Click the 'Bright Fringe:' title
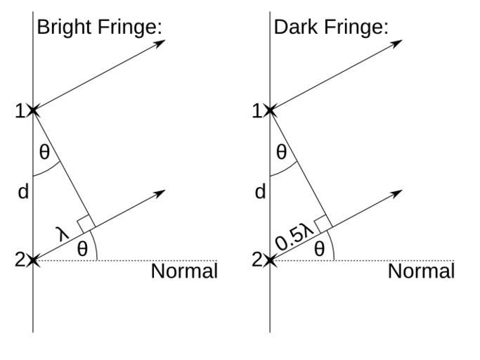click(100, 27)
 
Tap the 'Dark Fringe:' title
click(331, 27)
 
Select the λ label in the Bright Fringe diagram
click(63, 234)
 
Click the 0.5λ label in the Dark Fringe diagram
click(294, 237)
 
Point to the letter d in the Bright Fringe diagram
click(23, 192)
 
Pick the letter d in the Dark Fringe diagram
click(260, 192)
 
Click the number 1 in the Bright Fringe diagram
click(20, 111)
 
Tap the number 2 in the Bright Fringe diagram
click(20, 260)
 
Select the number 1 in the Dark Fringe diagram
click(257, 111)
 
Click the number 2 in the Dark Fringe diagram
click(257, 260)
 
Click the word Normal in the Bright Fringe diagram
click(184, 271)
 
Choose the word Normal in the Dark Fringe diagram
click(421, 271)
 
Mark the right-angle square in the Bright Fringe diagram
click(86, 224)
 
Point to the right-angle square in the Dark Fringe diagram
click(323, 224)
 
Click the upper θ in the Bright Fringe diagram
click(44, 152)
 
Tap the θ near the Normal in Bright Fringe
click(82, 248)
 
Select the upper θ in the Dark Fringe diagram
click(281, 152)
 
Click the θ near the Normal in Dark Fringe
click(319, 248)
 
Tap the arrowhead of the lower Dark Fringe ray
click(396, 193)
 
